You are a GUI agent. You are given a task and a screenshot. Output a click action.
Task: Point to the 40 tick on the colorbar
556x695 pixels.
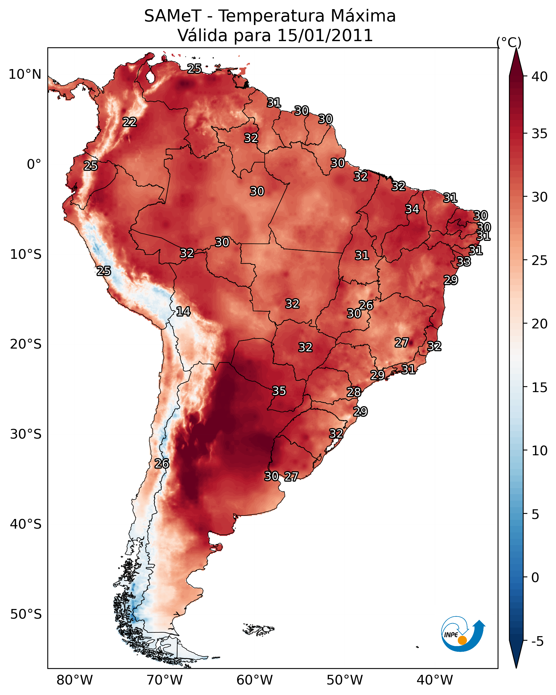click(x=539, y=77)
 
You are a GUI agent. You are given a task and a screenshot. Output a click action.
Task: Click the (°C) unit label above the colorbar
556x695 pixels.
click(x=509, y=42)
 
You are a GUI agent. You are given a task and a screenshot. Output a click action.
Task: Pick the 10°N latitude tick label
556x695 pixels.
click(x=25, y=74)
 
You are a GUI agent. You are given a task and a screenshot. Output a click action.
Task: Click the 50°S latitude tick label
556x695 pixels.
click(x=26, y=614)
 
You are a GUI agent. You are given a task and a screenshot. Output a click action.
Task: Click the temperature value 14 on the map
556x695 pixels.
click(x=183, y=311)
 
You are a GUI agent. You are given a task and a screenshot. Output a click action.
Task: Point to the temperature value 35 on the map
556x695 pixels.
click(x=279, y=391)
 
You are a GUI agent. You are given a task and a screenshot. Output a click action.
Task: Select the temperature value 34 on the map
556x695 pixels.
click(x=412, y=209)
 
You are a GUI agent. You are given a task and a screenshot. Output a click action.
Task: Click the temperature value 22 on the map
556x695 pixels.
click(x=130, y=122)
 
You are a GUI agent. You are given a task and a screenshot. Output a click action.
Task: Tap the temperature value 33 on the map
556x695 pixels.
click(x=464, y=261)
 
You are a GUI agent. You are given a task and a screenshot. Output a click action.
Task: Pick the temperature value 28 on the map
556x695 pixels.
click(x=354, y=392)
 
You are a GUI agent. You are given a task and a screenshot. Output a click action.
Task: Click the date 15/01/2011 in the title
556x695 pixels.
click(x=325, y=35)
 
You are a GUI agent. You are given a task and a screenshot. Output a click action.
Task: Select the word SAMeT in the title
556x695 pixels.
click(x=173, y=16)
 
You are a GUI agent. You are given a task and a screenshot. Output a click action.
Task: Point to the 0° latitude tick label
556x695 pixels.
click(x=34, y=164)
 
